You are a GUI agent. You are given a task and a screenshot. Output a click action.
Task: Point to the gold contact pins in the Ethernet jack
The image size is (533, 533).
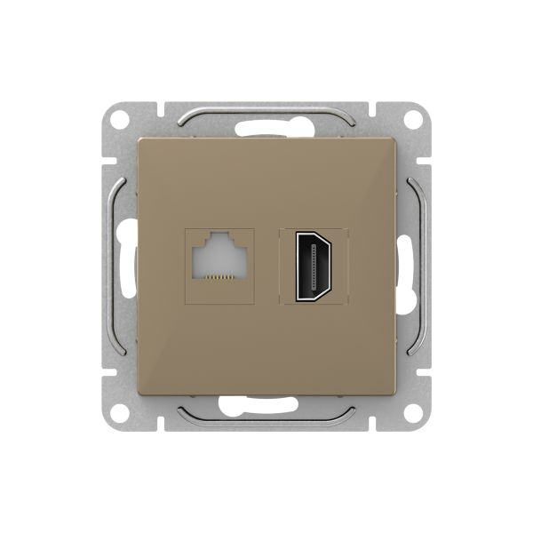218,277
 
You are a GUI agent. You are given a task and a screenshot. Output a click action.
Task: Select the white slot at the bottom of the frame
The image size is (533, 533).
266,410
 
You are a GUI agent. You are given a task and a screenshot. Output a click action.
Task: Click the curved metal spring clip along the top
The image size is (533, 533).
266,113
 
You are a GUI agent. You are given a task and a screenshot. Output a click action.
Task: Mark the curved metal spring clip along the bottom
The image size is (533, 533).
266,418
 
